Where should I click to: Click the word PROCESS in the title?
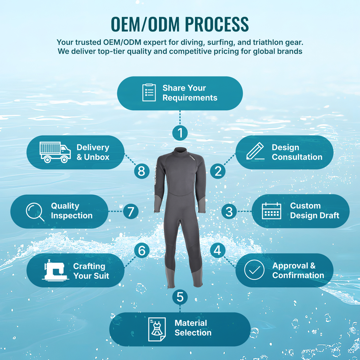pyautogui.click(x=217, y=24)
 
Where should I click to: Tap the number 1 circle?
pyautogui.click(x=180, y=133)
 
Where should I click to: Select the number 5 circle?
pyautogui.click(x=180, y=297)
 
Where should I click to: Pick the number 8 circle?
pyautogui.click(x=142, y=171)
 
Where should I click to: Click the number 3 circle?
pyautogui.click(x=229, y=211)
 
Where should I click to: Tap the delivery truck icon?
pyautogui.click(x=55, y=152)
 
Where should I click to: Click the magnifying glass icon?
pyautogui.click(x=35, y=211)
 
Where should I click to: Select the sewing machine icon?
pyautogui.click(x=55, y=270)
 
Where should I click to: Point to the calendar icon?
pyautogui.click(x=271, y=211)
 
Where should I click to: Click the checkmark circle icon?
pyautogui.click(x=254, y=270)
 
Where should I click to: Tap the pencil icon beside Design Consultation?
pyautogui.click(x=255, y=151)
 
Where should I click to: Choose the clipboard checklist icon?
pyautogui.click(x=149, y=92)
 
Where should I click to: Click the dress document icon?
pyautogui.click(x=157, y=329)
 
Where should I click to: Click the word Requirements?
pyautogui.click(x=190, y=98)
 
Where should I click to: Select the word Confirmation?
pyautogui.click(x=298, y=275)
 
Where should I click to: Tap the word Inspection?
pyautogui.click(x=72, y=216)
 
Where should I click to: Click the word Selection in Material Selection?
pyautogui.click(x=193, y=333)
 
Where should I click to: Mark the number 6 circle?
pyautogui.click(x=142, y=250)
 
